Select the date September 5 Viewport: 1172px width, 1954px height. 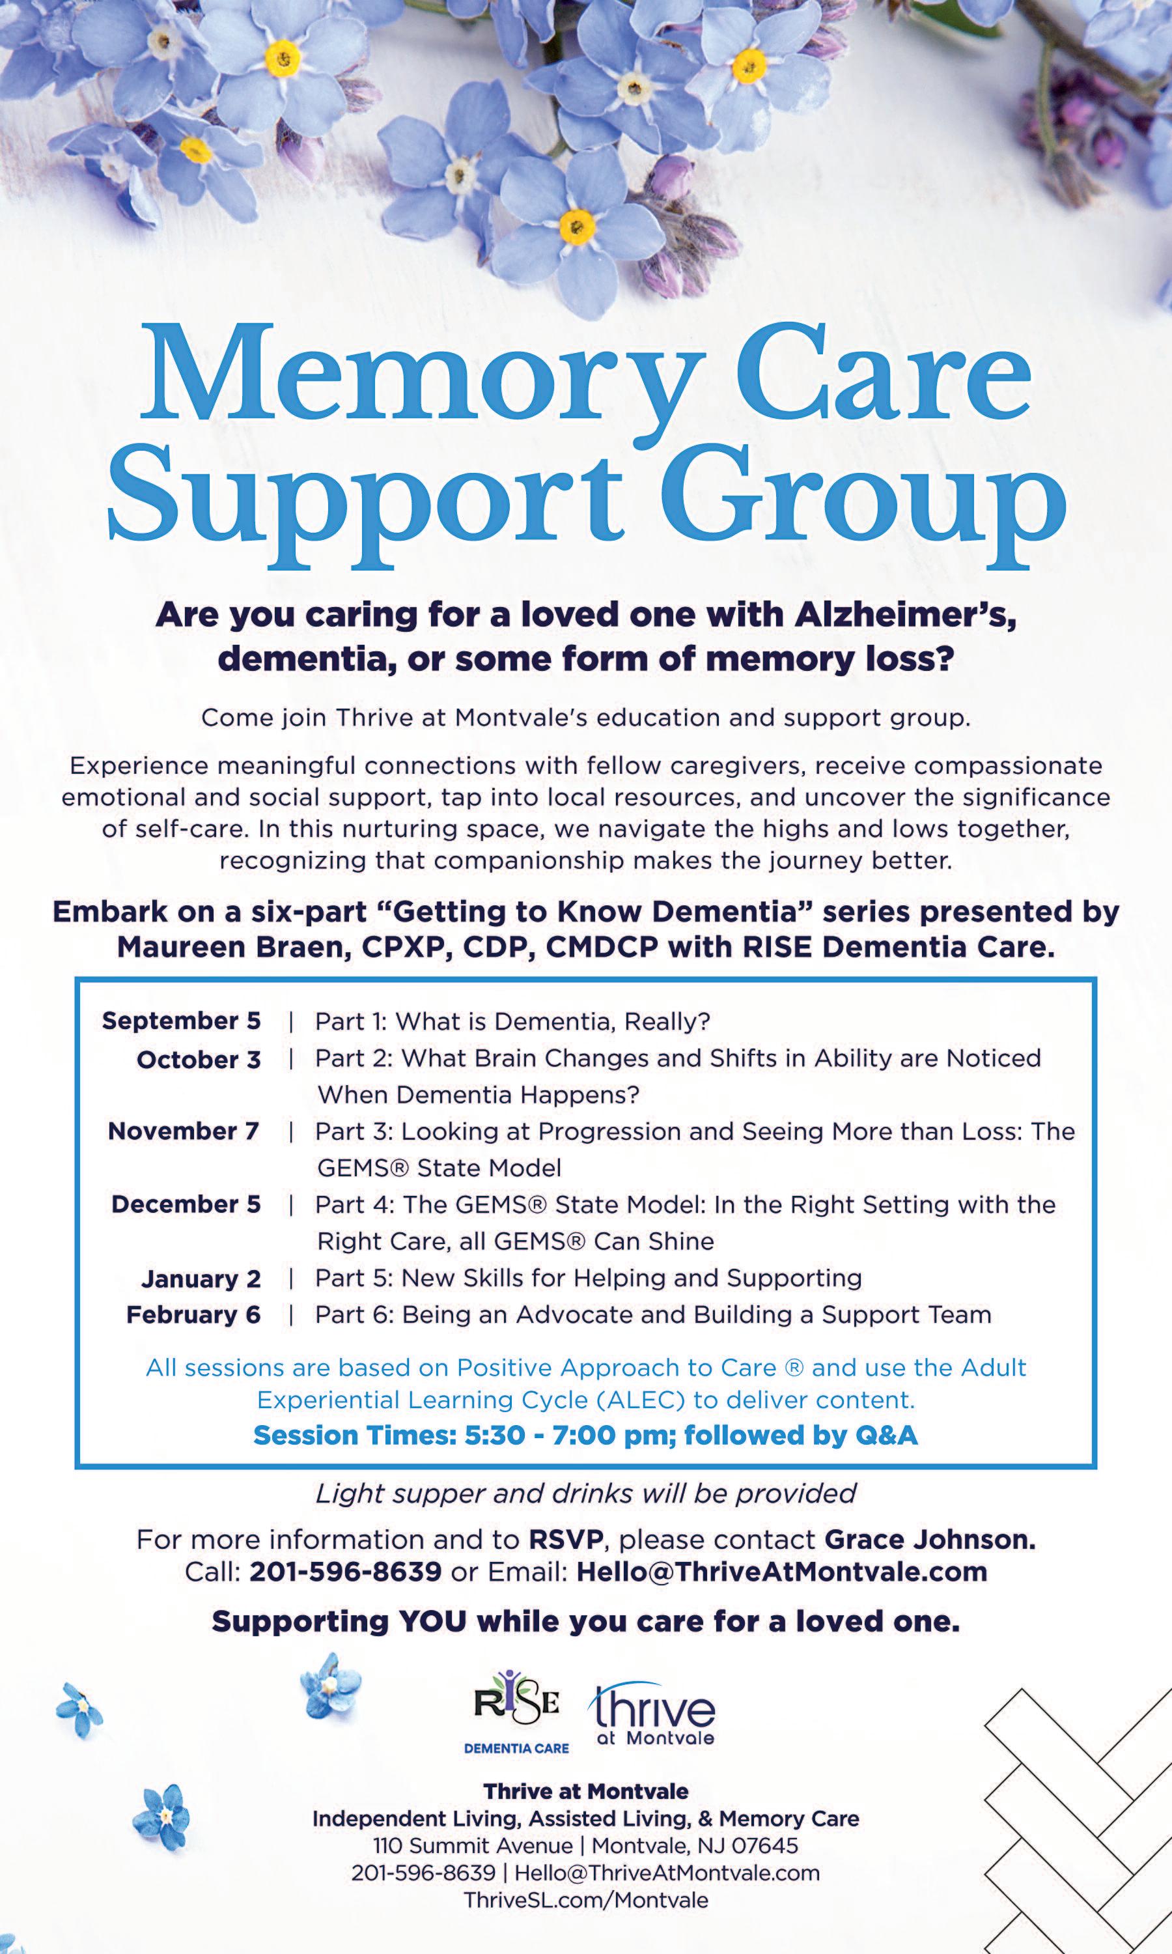pos(181,1021)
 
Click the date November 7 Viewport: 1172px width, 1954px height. pos(183,1131)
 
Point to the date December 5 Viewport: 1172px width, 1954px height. pos(186,1204)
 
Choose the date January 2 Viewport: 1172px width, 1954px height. pos(201,1278)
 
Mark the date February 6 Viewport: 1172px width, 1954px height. pos(193,1314)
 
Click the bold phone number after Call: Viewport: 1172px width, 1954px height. pos(345,1572)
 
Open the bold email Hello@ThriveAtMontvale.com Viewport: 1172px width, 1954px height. pos(782,1572)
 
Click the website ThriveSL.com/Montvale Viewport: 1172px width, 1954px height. pos(585,1899)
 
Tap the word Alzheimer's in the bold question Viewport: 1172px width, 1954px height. pos(905,614)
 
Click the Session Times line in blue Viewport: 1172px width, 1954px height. pos(585,1435)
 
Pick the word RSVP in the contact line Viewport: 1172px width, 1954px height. pos(565,1539)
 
